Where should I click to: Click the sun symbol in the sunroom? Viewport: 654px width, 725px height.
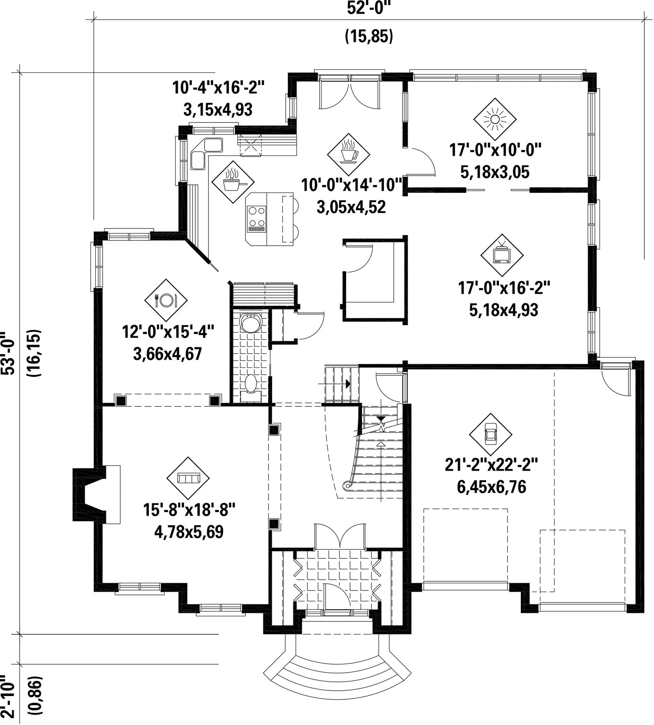pyautogui.click(x=495, y=120)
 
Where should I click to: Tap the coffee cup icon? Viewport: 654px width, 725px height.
pyautogui.click(x=349, y=154)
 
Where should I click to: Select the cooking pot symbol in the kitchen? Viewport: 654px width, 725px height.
pyautogui.click(x=233, y=182)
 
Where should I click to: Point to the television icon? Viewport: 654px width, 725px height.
pyautogui.click(x=502, y=255)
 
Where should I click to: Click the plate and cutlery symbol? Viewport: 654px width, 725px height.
pyautogui.click(x=166, y=300)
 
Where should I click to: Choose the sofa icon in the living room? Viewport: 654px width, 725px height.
pyautogui.click(x=188, y=478)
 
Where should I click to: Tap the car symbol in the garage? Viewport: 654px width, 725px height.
pyautogui.click(x=491, y=435)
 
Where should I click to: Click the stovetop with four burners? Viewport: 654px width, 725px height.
pyautogui.click(x=257, y=219)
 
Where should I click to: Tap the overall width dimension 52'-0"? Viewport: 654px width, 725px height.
pyautogui.click(x=369, y=8)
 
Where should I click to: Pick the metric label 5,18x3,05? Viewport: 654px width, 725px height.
pyautogui.click(x=495, y=172)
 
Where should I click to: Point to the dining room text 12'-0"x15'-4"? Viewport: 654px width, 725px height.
pyautogui.click(x=167, y=333)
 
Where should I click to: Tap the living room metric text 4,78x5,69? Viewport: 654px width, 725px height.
pyautogui.click(x=189, y=532)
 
